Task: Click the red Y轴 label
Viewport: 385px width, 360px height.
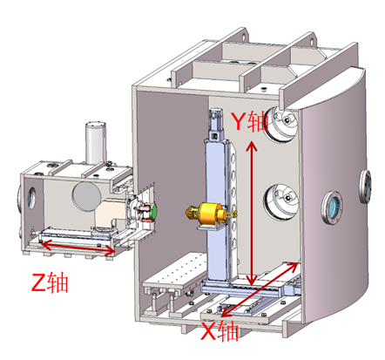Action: point(249,121)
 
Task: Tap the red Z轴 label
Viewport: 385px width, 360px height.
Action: point(50,282)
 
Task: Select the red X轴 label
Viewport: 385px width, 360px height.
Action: point(220,330)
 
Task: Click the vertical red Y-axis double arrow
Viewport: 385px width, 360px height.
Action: point(252,213)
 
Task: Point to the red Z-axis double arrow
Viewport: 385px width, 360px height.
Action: point(78,247)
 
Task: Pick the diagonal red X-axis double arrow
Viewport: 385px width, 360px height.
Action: point(260,289)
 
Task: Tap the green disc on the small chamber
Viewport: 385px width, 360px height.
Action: point(153,212)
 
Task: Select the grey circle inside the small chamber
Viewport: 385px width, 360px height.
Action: point(87,196)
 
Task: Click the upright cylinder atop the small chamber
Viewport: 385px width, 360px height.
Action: point(96,143)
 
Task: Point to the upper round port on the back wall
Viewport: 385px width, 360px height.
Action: point(280,124)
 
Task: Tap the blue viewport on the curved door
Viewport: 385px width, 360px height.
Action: point(332,207)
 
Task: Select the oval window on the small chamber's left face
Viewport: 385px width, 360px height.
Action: point(31,198)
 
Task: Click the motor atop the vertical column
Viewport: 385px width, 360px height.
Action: point(215,125)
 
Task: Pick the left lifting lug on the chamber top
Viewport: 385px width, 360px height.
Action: point(244,35)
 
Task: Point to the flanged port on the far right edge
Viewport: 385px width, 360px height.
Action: point(365,187)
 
